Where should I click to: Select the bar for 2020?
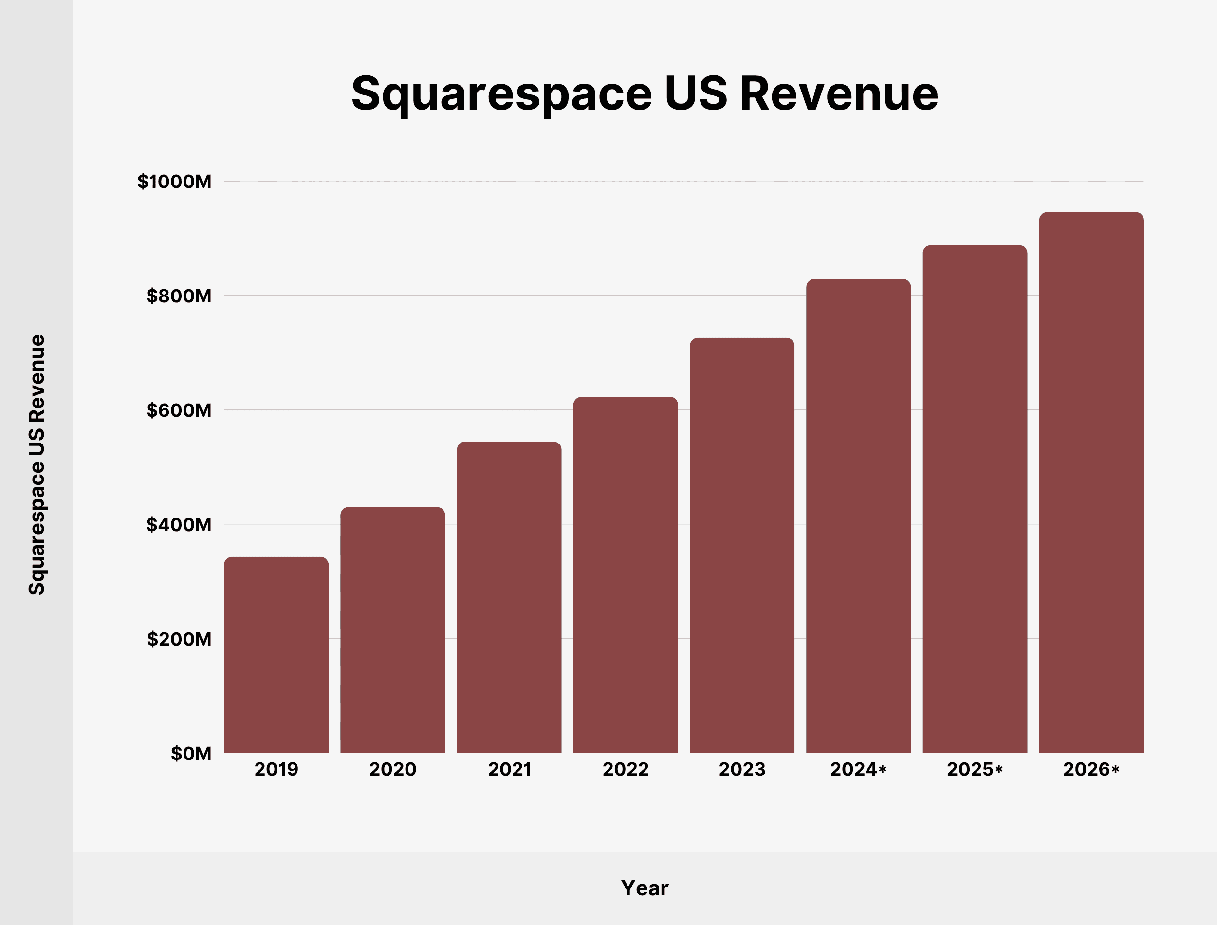392,630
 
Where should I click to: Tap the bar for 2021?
509,597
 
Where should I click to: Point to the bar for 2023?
742,545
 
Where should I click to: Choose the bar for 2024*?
859,516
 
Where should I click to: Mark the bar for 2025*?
975,499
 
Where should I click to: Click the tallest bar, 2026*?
1091,482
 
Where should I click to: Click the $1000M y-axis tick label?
174,182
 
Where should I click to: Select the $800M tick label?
178,296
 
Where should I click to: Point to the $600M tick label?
178,410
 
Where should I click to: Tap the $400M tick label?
178,525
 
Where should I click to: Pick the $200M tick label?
178,639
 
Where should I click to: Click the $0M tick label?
190,753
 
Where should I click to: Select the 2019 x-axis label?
277,769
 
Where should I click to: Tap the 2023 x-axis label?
742,769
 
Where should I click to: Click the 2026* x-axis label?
1091,769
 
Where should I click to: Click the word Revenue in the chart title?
839,93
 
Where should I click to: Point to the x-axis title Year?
645,888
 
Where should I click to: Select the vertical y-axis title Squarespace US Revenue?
37,465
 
